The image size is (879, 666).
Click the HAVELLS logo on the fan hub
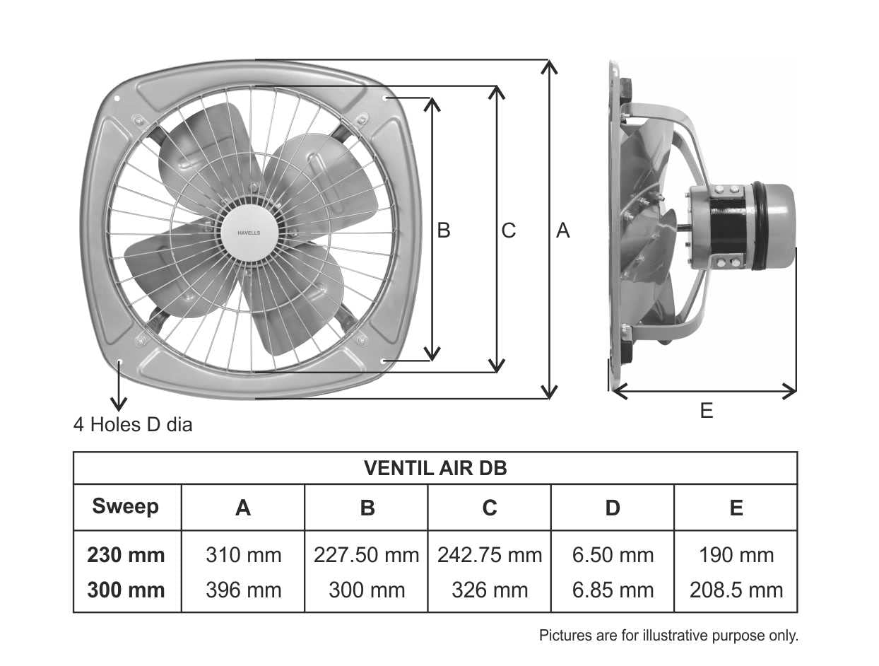pyautogui.click(x=249, y=231)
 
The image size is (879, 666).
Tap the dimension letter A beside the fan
pyautogui.click(x=562, y=230)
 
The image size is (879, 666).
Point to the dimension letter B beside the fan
pyautogui.click(x=444, y=230)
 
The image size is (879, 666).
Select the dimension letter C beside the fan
pyautogui.click(x=508, y=230)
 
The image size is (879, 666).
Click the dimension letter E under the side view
pyautogui.click(x=707, y=411)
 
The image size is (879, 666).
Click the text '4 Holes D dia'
pyautogui.click(x=133, y=425)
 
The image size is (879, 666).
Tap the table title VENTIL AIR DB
pyautogui.click(x=435, y=468)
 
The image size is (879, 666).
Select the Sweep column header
pyautogui.click(x=126, y=506)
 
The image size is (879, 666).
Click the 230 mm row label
pyautogui.click(x=126, y=555)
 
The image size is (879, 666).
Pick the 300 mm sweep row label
pyautogui.click(x=126, y=590)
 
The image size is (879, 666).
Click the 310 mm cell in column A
pyautogui.click(x=243, y=555)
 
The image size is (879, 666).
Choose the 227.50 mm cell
pyautogui.click(x=366, y=555)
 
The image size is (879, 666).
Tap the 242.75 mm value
pyautogui.click(x=490, y=555)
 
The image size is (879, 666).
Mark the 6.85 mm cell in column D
pyautogui.click(x=613, y=590)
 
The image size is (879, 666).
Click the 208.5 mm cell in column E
pyautogui.click(x=736, y=590)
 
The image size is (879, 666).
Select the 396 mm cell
pyautogui.click(x=243, y=590)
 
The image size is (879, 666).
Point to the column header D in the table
pyautogui.click(x=613, y=508)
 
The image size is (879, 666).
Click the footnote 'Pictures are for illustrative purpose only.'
pyautogui.click(x=668, y=636)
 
